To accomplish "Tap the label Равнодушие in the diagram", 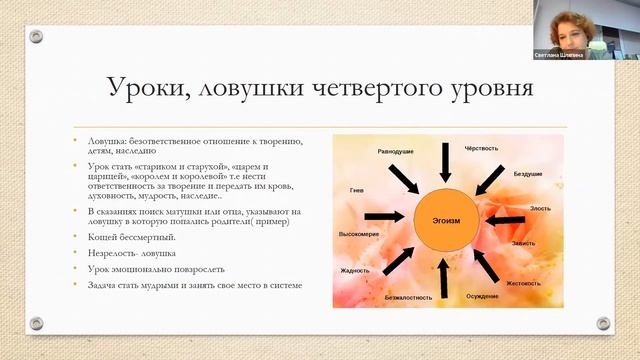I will pos(370,151).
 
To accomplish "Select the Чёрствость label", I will pos(482,148).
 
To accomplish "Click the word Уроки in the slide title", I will pos(144,90).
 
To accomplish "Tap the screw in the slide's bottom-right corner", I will pos(603,323).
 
